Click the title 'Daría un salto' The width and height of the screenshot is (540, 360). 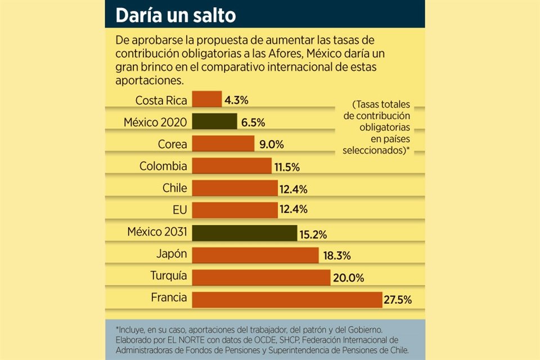pos(175,15)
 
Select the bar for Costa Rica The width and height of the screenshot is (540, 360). pos(206,100)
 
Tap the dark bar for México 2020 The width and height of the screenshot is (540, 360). pos(214,121)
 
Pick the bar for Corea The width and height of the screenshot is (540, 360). pos(223,143)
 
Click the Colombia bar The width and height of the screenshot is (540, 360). pos(232,165)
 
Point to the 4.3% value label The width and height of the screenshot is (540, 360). pos(236,100)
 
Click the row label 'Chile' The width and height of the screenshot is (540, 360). pos(174,188)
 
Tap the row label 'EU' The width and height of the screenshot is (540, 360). pos(180,210)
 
